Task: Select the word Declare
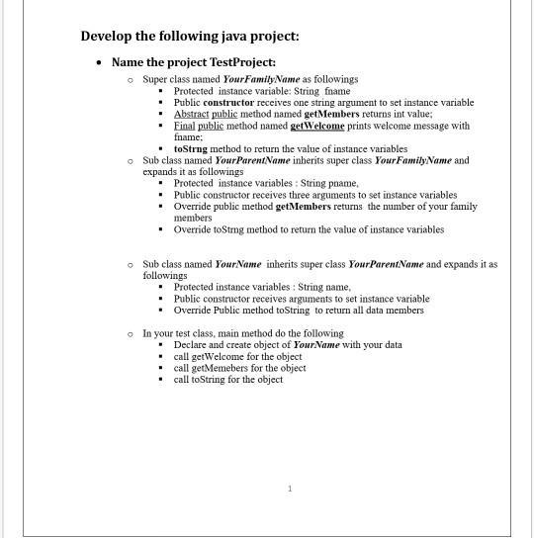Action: coord(193,345)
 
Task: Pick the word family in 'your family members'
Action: coord(458,206)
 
